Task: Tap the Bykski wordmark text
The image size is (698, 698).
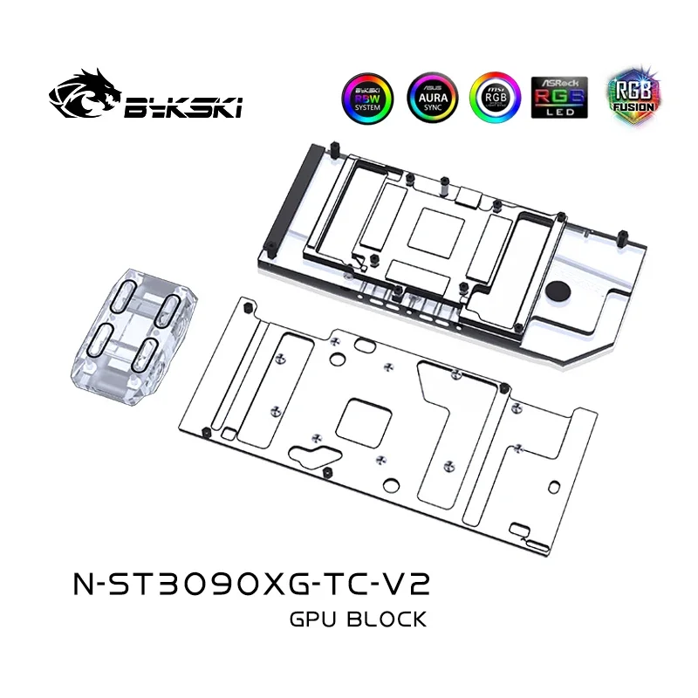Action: click(x=183, y=106)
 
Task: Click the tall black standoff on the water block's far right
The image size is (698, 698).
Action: click(x=626, y=238)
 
